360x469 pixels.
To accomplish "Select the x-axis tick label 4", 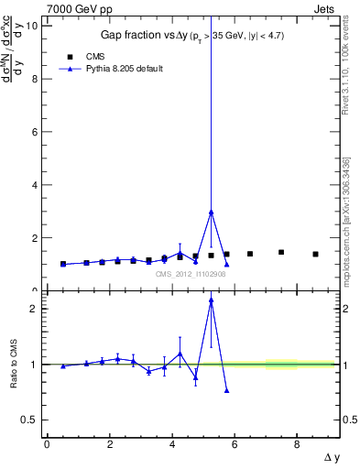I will pyautogui.click(x=172, y=445).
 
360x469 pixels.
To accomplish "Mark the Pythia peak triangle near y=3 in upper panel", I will pyautogui.click(x=212, y=212).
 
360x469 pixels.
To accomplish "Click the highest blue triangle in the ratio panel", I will pyautogui.click(x=212, y=300).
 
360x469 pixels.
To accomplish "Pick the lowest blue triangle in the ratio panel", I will pyautogui.click(x=226, y=390).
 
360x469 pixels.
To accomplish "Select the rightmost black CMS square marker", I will pyautogui.click(x=315, y=254).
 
